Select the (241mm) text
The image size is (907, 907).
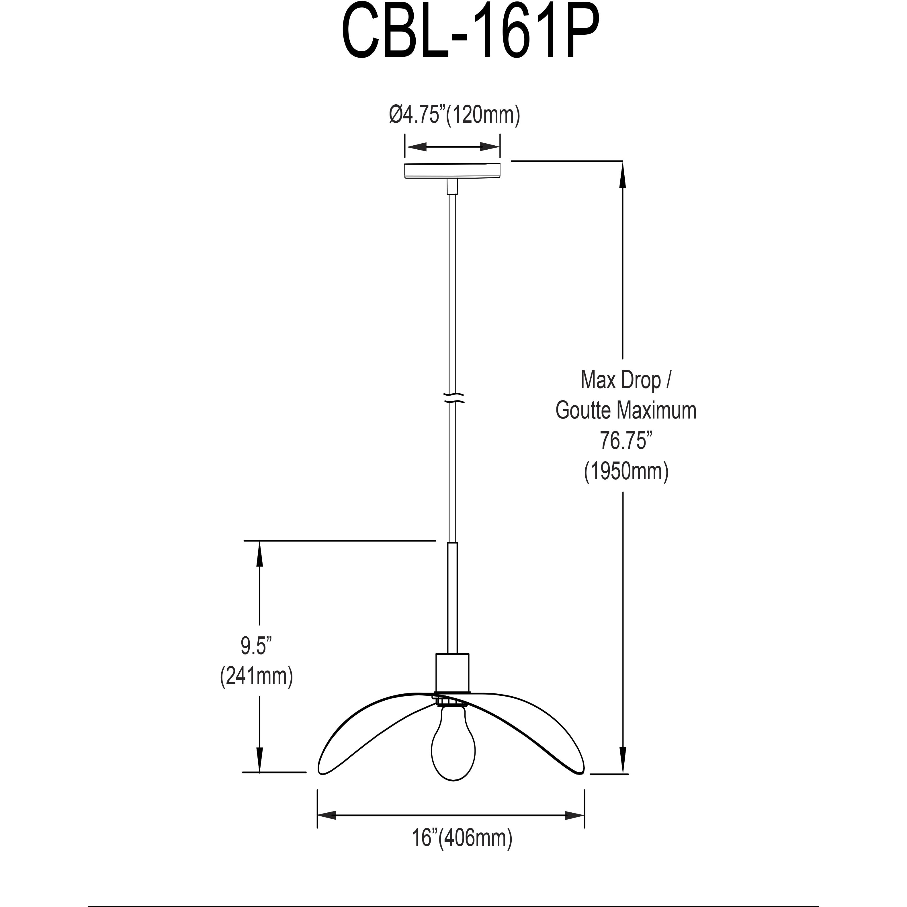(256, 676)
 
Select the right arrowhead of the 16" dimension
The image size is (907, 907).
(575, 816)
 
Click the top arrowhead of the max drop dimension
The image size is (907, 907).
(623, 174)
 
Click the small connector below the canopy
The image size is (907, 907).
(452, 186)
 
